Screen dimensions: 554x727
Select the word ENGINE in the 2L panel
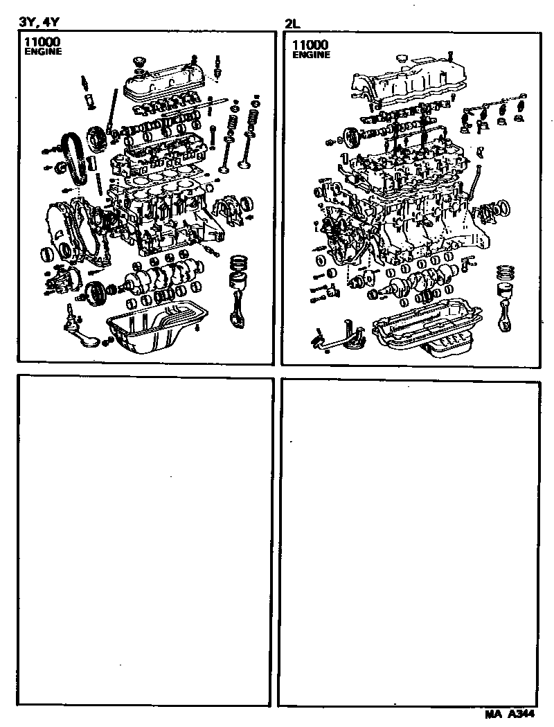click(311, 55)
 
